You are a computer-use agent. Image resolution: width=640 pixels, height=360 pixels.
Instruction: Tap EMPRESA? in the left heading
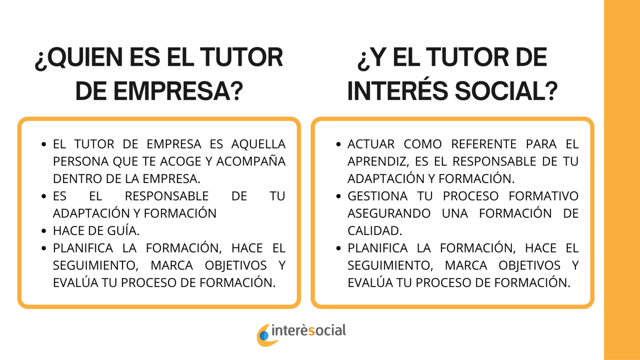(178, 91)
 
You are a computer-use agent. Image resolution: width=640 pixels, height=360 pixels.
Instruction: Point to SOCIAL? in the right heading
(506, 91)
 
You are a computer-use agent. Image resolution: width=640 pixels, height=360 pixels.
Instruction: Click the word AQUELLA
(258, 144)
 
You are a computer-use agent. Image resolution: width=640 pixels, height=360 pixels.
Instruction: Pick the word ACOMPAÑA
(251, 161)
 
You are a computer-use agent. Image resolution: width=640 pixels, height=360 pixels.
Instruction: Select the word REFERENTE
(484, 144)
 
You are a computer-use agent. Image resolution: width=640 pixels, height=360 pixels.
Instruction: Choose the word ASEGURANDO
(389, 213)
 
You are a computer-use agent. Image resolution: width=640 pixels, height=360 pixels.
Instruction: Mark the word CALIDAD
(375, 231)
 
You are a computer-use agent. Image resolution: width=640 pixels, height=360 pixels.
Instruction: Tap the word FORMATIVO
(544, 196)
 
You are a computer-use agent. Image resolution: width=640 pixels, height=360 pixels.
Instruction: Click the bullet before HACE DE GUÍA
(44, 231)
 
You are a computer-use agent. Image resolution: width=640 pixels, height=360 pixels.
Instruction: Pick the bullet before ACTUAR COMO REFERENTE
(339, 144)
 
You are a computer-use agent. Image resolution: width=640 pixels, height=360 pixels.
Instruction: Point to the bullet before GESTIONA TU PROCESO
(339, 196)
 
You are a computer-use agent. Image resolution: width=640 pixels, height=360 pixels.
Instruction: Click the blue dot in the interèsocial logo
(264, 336)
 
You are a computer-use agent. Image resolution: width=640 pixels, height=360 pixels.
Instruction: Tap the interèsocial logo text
(309, 330)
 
